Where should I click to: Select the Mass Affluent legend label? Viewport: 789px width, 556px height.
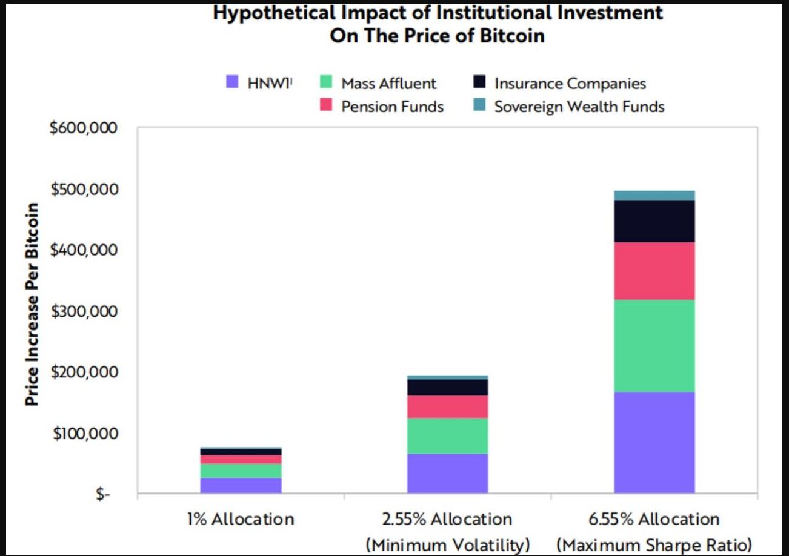[x=388, y=83]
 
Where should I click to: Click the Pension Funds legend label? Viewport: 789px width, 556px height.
[x=392, y=107]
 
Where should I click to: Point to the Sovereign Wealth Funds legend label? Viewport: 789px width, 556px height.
[x=579, y=107]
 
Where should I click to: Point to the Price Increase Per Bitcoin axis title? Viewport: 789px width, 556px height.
[x=33, y=305]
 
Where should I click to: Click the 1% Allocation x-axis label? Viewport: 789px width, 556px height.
[x=241, y=519]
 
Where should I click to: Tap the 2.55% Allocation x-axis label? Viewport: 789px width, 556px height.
[x=447, y=519]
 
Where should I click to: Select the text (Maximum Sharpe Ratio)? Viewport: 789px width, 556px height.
[x=654, y=544]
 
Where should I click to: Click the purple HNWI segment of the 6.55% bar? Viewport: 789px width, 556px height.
[x=654, y=443]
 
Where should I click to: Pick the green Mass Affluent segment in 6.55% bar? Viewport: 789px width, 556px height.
[x=654, y=346]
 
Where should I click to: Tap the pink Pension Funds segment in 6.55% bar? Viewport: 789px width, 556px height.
[x=654, y=271]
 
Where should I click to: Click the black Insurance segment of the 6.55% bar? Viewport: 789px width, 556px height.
[x=654, y=221]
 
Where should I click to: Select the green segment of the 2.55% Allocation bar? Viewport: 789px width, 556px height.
[x=447, y=435]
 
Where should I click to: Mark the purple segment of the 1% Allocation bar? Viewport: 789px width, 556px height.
[x=241, y=486]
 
